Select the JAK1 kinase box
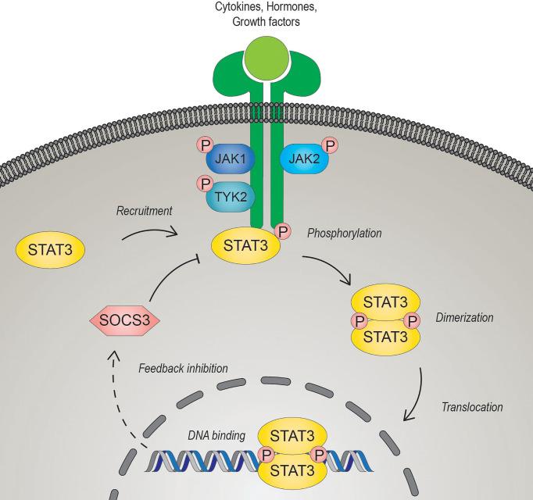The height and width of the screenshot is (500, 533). (x=227, y=161)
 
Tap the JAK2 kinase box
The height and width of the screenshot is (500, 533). (x=303, y=160)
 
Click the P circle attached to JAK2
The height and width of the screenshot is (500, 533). (x=330, y=146)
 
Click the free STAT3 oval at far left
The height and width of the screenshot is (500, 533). (x=50, y=252)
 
